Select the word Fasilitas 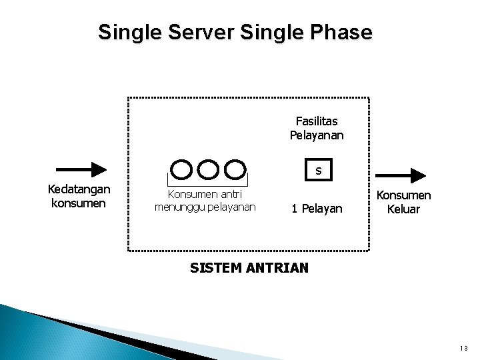point(317,121)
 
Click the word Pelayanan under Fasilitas point(317,135)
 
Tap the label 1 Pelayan point(317,209)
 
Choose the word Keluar point(403,209)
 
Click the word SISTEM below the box point(213,269)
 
